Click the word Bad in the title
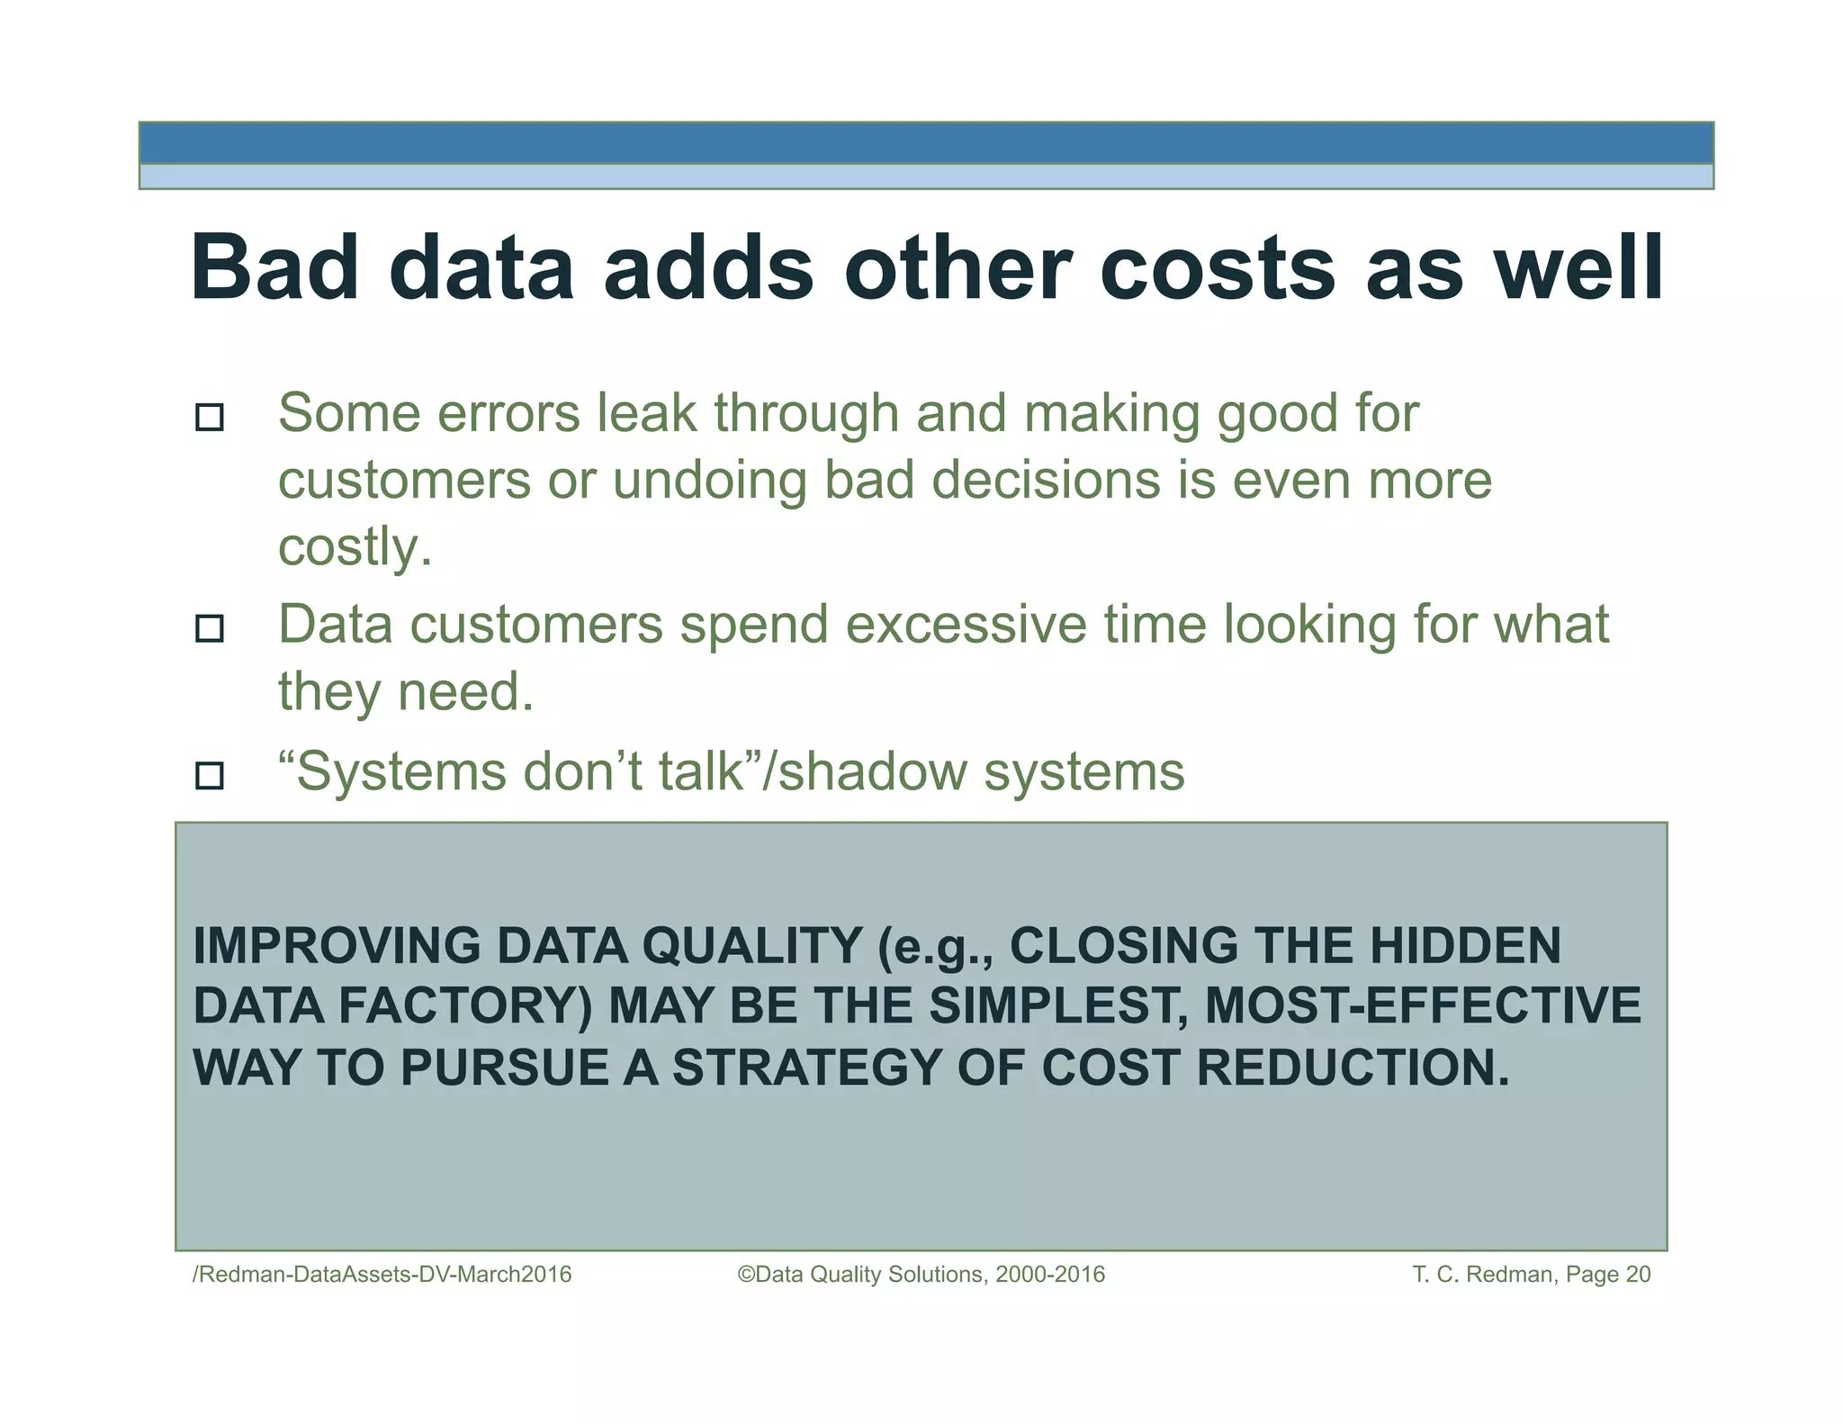click(x=275, y=268)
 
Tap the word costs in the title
click(x=1217, y=268)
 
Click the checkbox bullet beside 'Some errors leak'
click(x=210, y=417)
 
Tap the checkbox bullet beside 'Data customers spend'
click(x=210, y=627)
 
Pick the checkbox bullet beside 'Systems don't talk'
click(x=210, y=775)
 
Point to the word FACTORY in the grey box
click(x=465, y=1006)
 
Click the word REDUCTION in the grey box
click(x=1353, y=1068)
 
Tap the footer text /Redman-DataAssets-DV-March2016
click(x=382, y=1275)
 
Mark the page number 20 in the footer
click(x=1638, y=1275)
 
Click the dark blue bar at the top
click(x=925, y=143)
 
